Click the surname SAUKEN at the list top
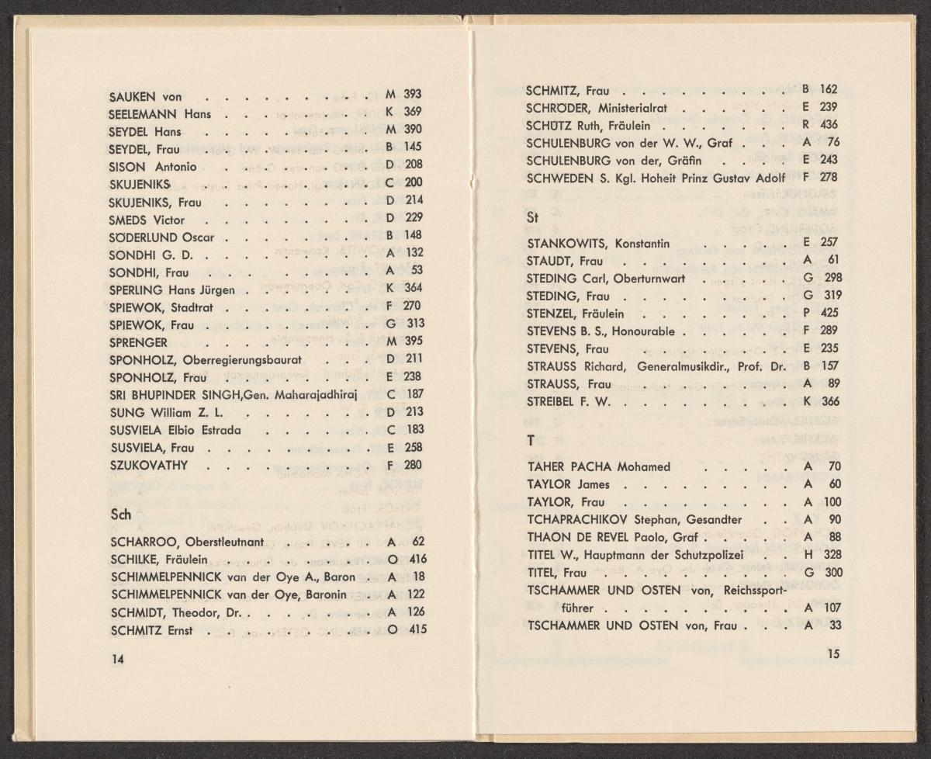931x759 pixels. pos(133,97)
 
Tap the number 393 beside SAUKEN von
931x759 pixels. pos(413,95)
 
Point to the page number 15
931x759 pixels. pos(833,654)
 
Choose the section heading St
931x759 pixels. pos(531,218)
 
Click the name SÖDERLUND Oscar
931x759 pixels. pos(161,237)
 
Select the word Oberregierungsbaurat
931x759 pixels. pos(241,359)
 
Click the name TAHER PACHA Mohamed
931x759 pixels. pos(587,467)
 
